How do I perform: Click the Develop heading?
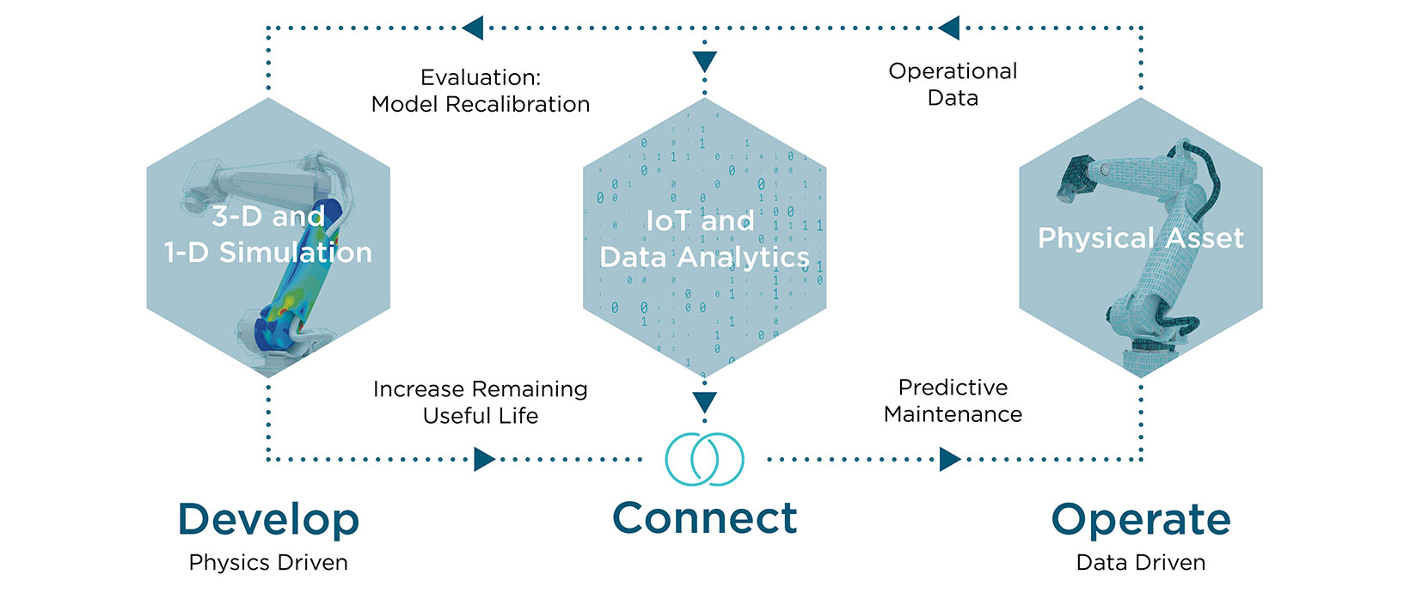pyautogui.click(x=268, y=519)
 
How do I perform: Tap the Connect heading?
pyautogui.click(x=705, y=518)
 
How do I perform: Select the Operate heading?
pyautogui.click(x=1141, y=520)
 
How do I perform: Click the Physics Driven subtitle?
pyautogui.click(x=268, y=563)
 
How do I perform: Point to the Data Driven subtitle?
pyautogui.click(x=1141, y=563)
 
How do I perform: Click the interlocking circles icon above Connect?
pyautogui.click(x=705, y=458)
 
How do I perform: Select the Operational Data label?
pyautogui.click(x=953, y=84)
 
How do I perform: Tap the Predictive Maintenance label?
pyautogui.click(x=953, y=400)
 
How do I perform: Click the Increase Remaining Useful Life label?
pyautogui.click(x=481, y=402)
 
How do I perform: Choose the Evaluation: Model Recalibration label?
pyautogui.click(x=481, y=91)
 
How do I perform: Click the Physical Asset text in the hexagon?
pyautogui.click(x=1141, y=238)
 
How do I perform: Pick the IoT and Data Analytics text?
pyautogui.click(x=705, y=239)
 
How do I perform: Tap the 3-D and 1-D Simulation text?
pyautogui.click(x=268, y=234)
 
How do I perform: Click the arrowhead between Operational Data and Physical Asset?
pyautogui.click(x=948, y=28)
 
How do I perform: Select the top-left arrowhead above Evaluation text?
pyautogui.click(x=473, y=28)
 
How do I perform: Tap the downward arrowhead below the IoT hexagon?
pyautogui.click(x=705, y=402)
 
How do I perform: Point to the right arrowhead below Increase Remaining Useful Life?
pyautogui.click(x=485, y=459)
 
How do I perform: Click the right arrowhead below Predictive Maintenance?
pyautogui.click(x=950, y=459)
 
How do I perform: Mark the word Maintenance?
pyautogui.click(x=953, y=414)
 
